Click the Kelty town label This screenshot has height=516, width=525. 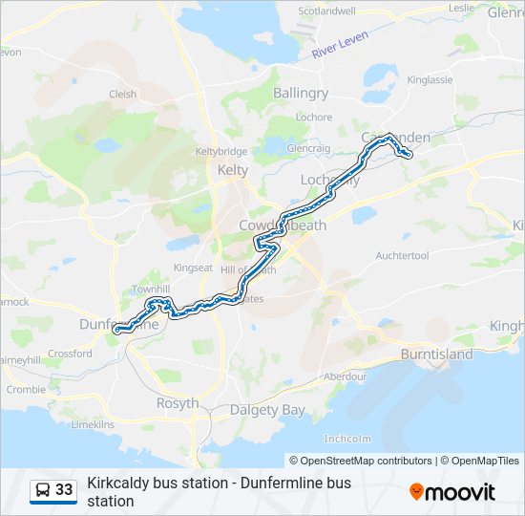coord(233,170)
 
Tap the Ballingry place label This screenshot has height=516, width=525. coord(301,94)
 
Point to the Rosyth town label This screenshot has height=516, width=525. coord(177,403)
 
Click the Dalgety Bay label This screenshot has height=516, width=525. coord(267,410)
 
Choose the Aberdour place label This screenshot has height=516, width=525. coord(345,376)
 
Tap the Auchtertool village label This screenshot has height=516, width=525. coord(405,256)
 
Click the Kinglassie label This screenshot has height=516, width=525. coord(430,80)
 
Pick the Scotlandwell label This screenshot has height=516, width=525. coord(327,11)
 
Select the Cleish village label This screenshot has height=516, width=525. coord(123,95)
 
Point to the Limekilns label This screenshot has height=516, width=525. coord(93,423)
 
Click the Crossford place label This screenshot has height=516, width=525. coord(70,354)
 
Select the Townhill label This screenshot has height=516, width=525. coord(150,289)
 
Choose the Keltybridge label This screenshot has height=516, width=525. coord(221,152)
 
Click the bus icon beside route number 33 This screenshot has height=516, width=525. coord(43,490)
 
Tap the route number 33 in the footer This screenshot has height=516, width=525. coord(64,490)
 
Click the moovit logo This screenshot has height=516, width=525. coord(452,491)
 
